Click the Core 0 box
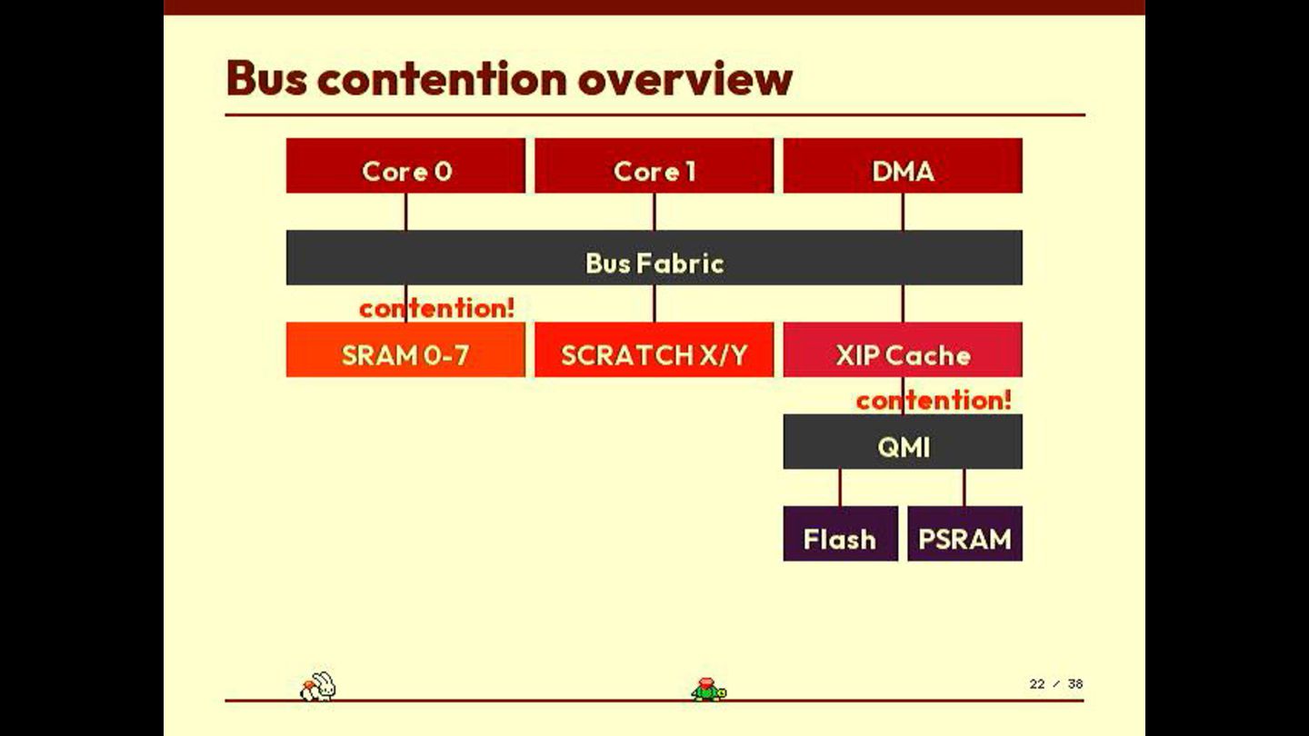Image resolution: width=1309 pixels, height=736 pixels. point(405,166)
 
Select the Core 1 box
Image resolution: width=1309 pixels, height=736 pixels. point(654,166)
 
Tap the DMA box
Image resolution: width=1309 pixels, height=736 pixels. point(903,166)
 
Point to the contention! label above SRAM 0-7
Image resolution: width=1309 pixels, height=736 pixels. point(436,308)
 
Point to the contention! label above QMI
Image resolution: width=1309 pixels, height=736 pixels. point(934,400)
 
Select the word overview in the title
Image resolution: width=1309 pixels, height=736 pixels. point(684,78)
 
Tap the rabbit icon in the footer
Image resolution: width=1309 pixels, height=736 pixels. point(318,686)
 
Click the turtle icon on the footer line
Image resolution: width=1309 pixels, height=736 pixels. point(708,690)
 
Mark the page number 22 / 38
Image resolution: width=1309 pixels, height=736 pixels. point(1055,683)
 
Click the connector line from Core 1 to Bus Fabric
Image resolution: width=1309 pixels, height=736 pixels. point(654,212)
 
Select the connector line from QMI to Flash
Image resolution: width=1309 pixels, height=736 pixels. point(840,488)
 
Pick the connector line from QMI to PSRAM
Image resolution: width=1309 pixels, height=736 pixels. point(964,488)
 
